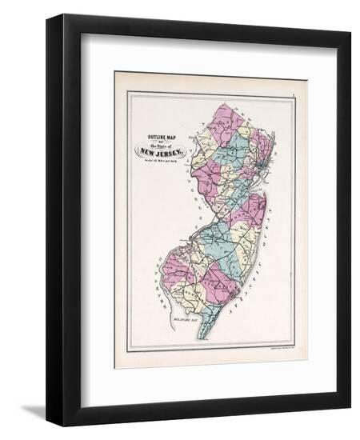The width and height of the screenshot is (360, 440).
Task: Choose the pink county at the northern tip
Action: coord(227,117)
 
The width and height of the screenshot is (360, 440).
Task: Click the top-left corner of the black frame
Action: coord(50,18)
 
